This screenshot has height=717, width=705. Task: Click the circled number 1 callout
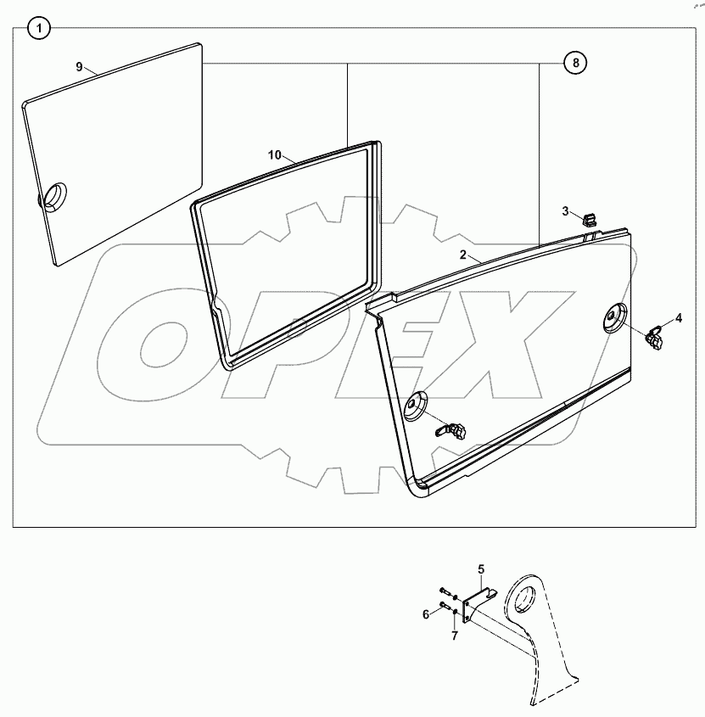pyautogui.click(x=38, y=30)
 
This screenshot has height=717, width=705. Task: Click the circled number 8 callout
pyautogui.click(x=574, y=63)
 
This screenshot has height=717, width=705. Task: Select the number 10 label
pyautogui.click(x=274, y=154)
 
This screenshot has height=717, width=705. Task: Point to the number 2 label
pyautogui.click(x=463, y=255)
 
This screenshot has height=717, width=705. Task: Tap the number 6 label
pyautogui.click(x=426, y=614)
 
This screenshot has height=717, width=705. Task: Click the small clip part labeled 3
pyautogui.click(x=590, y=220)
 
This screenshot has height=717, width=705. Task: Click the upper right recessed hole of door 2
pyautogui.click(x=614, y=318)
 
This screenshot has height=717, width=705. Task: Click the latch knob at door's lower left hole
pyautogui.click(x=454, y=432)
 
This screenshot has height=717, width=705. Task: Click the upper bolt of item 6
pyautogui.click(x=445, y=591)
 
